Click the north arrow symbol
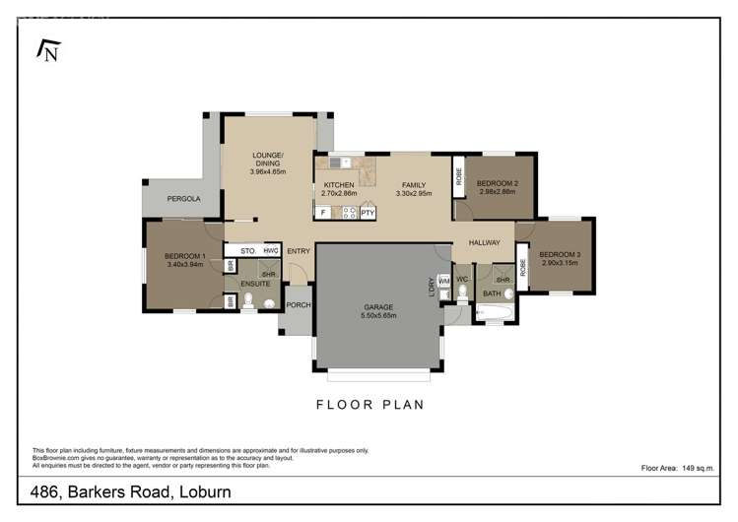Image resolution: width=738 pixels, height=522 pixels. click(x=45, y=49)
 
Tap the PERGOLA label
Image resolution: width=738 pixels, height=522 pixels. click(x=183, y=199)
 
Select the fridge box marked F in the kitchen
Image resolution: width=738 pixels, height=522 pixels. click(x=323, y=212)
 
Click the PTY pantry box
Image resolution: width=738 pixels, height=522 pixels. click(x=368, y=212)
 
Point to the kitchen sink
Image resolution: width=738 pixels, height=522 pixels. click(x=340, y=163)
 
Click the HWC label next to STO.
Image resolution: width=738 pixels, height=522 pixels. click(x=271, y=251)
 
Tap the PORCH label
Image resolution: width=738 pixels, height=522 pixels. click(x=298, y=305)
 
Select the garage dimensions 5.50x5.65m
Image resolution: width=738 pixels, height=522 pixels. click(x=377, y=315)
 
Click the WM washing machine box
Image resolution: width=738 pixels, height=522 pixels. click(x=443, y=282)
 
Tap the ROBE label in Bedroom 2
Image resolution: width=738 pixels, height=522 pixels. click(x=459, y=177)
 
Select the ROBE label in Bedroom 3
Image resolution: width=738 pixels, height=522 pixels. click(x=523, y=267)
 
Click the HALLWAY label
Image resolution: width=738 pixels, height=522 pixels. click(x=484, y=242)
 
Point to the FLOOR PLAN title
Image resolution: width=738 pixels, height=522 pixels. click(x=369, y=404)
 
